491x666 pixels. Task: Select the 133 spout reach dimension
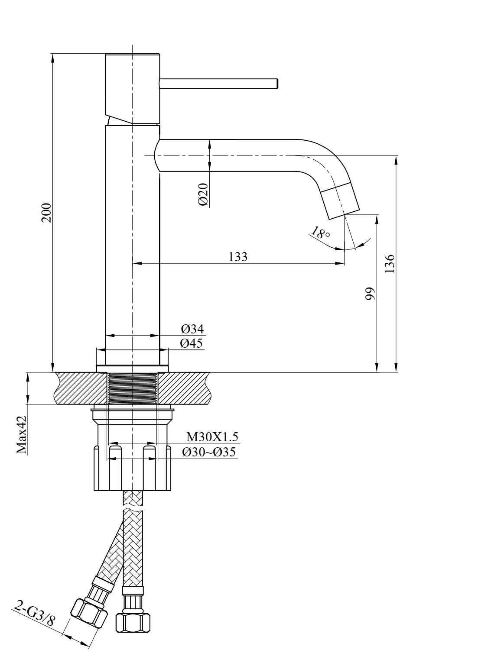(x=238, y=257)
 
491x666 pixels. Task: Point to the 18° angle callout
(x=320, y=233)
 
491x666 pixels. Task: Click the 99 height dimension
(x=370, y=293)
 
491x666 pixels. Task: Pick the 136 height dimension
(x=390, y=263)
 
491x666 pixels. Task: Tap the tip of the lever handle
(x=276, y=83)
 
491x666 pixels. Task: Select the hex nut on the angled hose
(x=90, y=614)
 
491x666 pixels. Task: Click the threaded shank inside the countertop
(x=132, y=388)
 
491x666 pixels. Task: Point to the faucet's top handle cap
(x=132, y=87)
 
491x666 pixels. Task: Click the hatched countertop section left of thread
(x=80, y=388)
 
